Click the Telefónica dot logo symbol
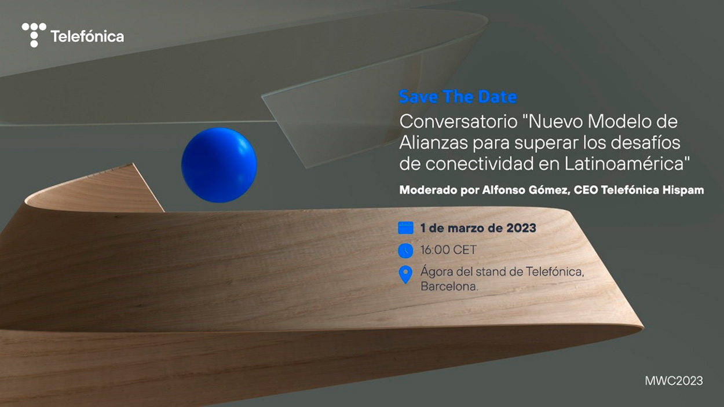34,35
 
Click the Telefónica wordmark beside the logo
87,36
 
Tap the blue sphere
219,165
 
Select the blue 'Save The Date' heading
458,97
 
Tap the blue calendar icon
405,228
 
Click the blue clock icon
405,250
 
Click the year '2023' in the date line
521,228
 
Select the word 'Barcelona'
448,287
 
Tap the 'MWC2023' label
674,380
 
